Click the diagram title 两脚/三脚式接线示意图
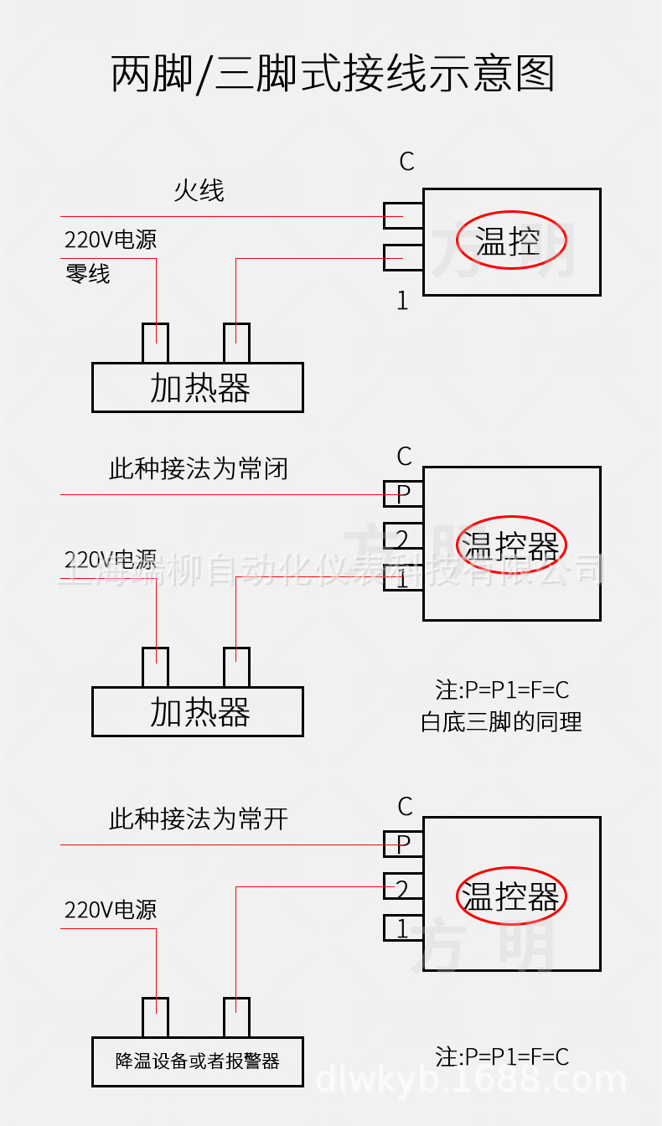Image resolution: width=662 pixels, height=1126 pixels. coord(333,74)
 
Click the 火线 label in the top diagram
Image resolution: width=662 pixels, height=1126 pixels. coord(199,190)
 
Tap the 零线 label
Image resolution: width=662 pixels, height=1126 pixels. coord(88,274)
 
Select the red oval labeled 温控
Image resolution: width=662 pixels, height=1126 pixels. coord(510,242)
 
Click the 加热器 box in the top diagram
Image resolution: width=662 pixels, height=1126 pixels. coord(198,388)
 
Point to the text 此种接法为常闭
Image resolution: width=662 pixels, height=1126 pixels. coord(198,469)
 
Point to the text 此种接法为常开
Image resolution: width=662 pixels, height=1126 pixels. coord(198,819)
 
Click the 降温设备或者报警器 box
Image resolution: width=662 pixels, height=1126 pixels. coord(198,1061)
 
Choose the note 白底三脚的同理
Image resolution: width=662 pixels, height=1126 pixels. coord(501,721)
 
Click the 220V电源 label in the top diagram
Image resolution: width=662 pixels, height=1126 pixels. coord(111,240)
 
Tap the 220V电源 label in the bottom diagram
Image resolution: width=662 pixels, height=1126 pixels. coord(111,910)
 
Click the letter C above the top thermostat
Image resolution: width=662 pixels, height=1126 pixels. coord(406,161)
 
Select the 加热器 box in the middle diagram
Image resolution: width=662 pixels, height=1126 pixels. coord(198,712)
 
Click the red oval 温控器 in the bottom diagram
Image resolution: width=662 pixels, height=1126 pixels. coord(510,896)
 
